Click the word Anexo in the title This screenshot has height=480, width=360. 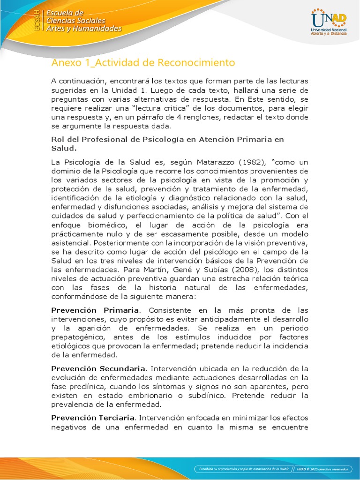(x=65, y=63)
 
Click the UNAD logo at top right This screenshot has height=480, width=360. (x=328, y=22)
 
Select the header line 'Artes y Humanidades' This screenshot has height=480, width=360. (x=83, y=29)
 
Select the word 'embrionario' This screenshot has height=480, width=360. (x=168, y=395)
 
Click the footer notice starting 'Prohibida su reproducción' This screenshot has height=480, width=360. (x=243, y=469)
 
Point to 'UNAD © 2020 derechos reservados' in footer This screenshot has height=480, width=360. (x=324, y=469)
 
